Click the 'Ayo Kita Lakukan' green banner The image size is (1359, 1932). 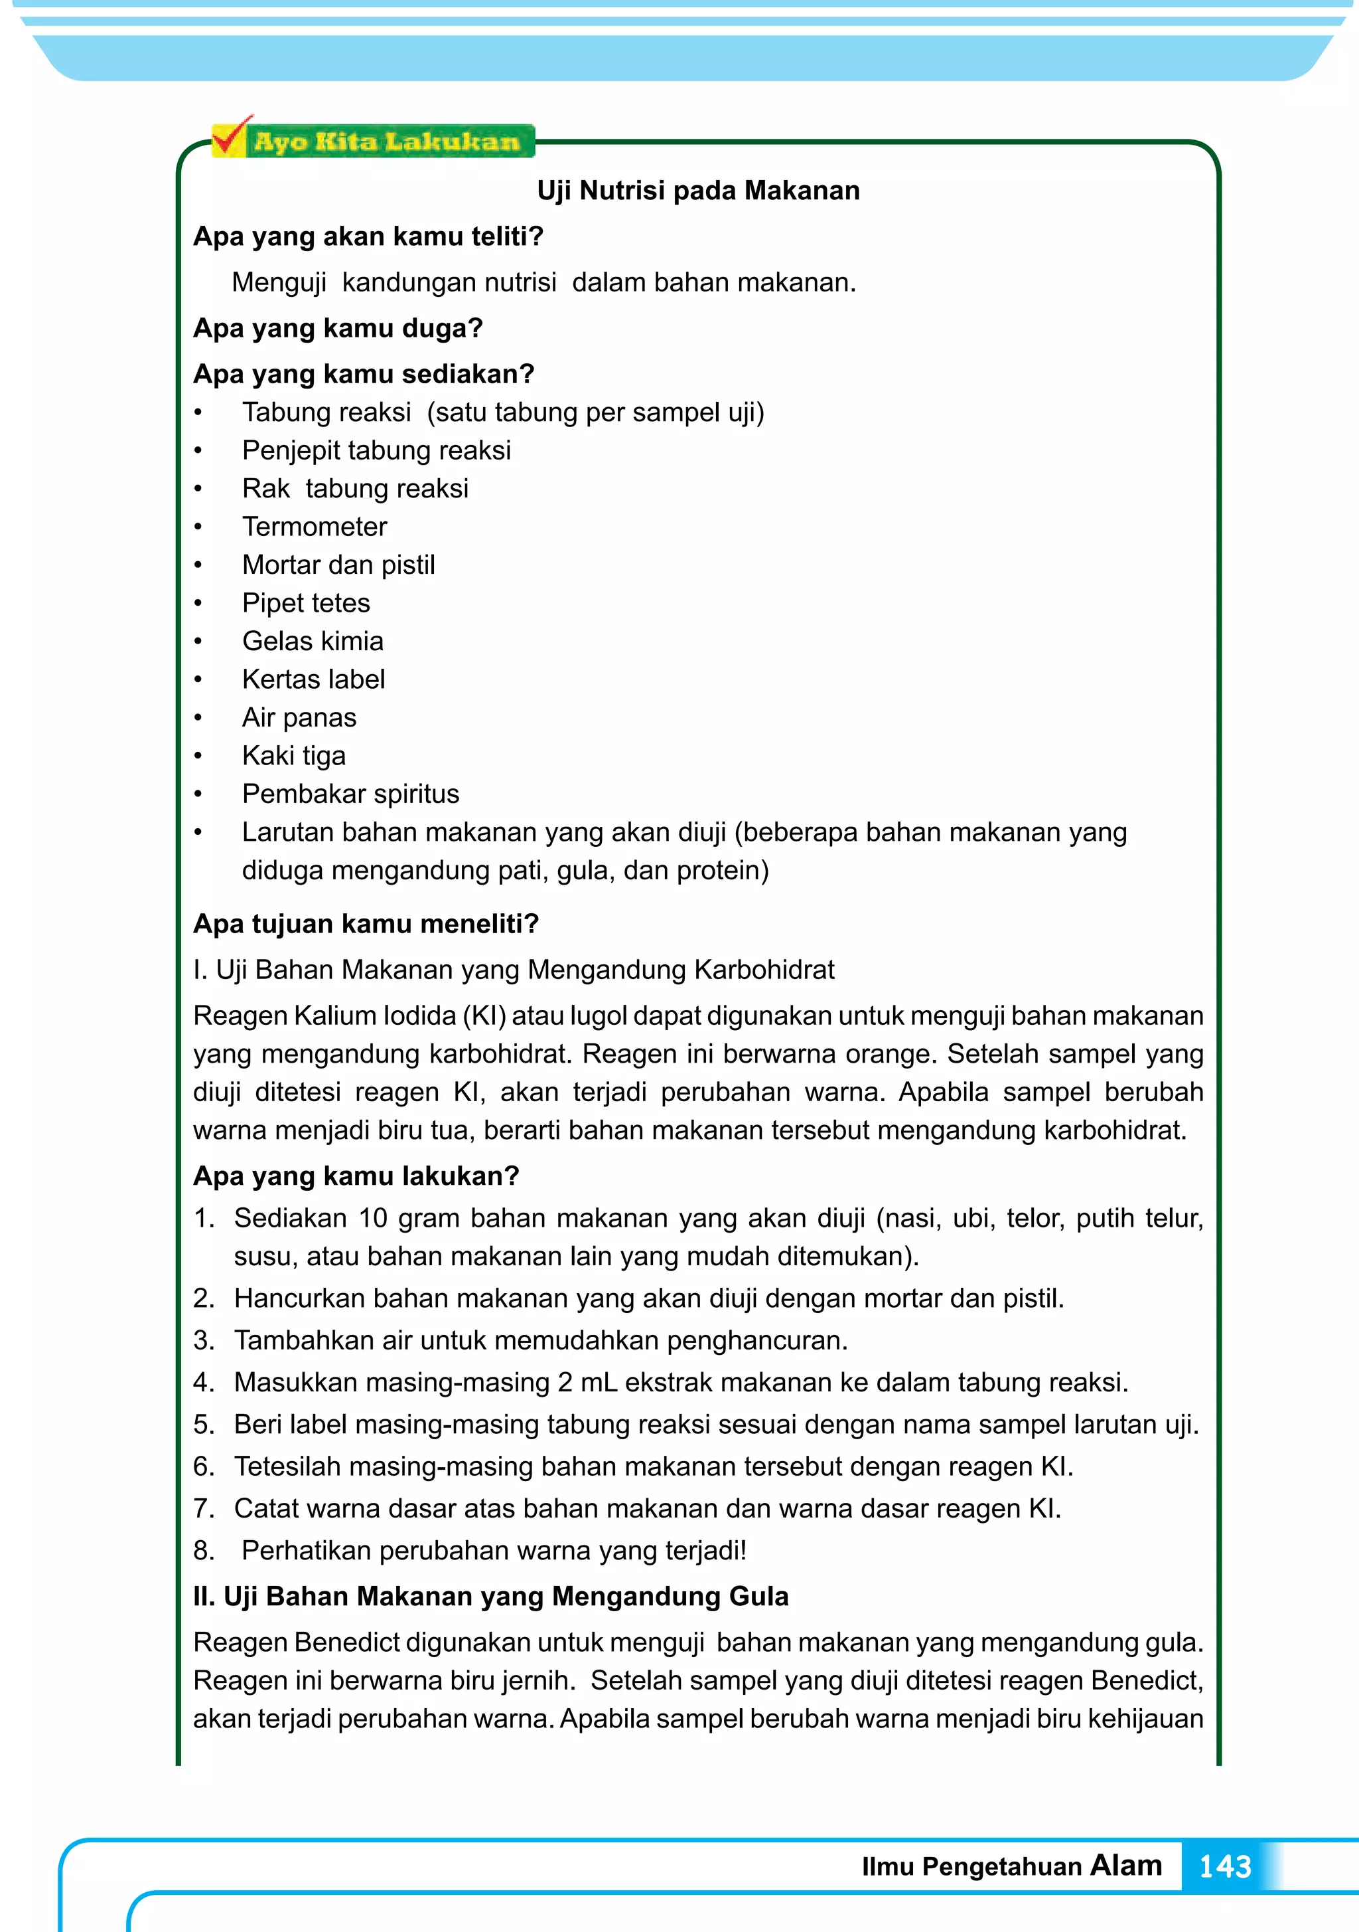click(x=387, y=141)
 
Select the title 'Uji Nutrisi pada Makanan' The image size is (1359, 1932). click(x=698, y=191)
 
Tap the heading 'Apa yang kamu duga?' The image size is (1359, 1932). click(x=338, y=328)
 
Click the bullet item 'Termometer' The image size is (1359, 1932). click(x=315, y=527)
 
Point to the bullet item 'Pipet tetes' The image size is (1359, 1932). click(x=306, y=603)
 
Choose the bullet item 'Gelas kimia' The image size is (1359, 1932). click(x=313, y=641)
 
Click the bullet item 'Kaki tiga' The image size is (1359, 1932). click(x=293, y=756)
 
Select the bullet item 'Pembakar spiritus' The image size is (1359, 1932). click(x=350, y=794)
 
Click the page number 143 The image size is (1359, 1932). click(x=1224, y=1866)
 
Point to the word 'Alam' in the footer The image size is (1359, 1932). click(x=1126, y=1865)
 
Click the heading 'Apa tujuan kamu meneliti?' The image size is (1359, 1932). click(x=366, y=924)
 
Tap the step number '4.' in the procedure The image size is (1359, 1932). click(x=204, y=1383)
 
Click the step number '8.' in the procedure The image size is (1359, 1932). click(x=204, y=1551)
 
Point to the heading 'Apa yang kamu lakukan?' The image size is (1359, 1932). click(x=356, y=1176)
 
